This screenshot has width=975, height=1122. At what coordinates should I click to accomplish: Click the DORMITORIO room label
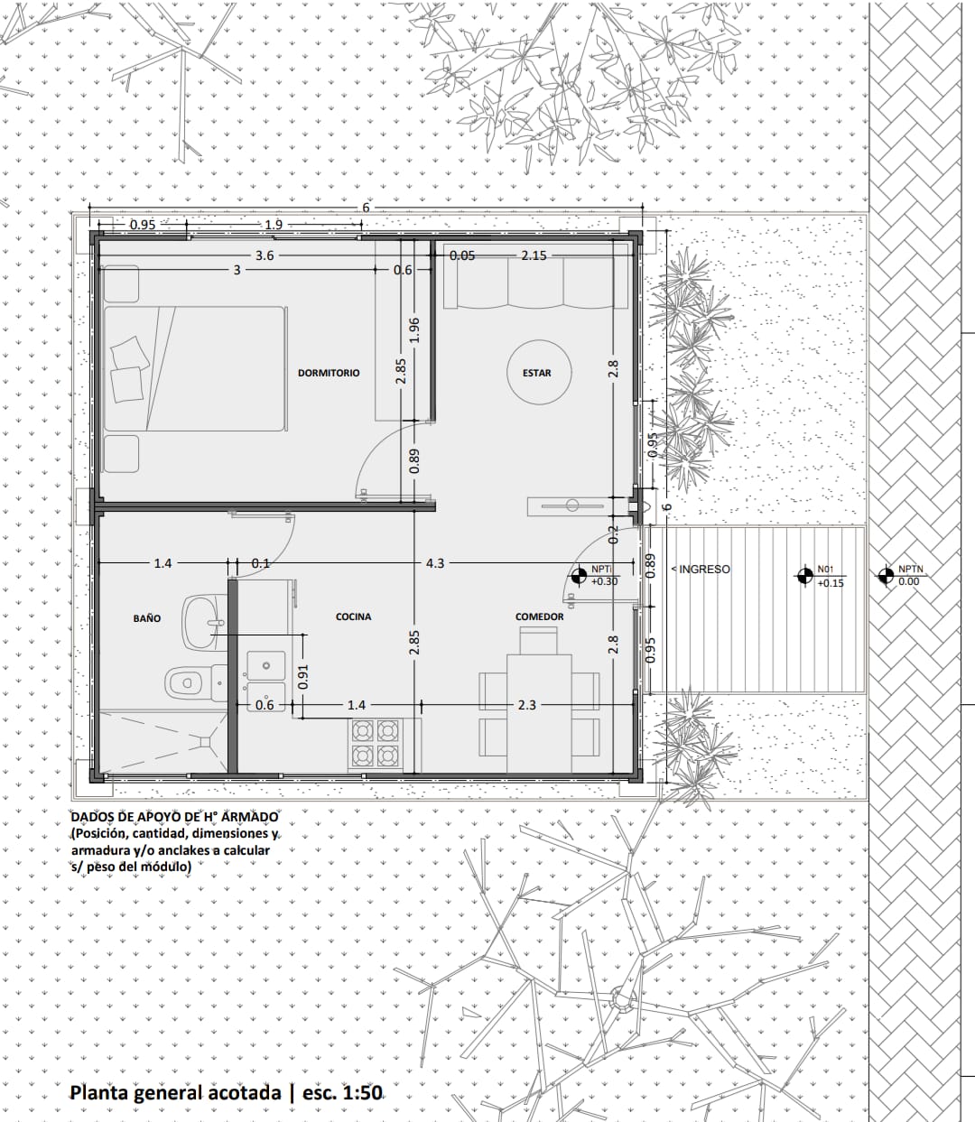point(329,373)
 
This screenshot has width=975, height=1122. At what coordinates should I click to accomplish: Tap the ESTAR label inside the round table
point(537,373)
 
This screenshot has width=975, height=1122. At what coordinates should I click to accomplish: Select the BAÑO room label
point(147,618)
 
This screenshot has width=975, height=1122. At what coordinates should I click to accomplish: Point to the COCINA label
point(353,617)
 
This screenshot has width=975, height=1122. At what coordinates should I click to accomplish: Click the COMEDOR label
point(540,617)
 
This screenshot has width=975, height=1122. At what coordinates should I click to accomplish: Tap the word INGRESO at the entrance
point(705,570)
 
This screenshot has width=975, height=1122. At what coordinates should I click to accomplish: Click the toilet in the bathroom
point(190,682)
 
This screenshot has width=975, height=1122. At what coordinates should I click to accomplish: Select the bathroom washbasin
point(205,623)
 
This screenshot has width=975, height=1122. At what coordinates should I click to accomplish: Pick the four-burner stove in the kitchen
point(376,743)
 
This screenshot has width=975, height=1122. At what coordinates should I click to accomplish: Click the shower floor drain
point(205,742)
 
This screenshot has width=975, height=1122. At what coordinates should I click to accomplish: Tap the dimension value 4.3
point(435,563)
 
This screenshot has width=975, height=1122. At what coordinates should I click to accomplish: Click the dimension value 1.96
point(414,330)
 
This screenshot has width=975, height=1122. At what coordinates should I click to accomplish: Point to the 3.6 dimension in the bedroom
point(265,255)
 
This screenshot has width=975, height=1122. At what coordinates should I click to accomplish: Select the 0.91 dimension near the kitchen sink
point(303,677)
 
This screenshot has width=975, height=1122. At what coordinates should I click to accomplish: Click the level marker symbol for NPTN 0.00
point(884,577)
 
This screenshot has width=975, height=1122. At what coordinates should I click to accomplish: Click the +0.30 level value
point(604,582)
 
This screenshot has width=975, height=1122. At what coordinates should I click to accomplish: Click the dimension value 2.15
point(534,255)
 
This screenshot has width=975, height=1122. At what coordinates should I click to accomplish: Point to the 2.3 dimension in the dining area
point(527,705)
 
